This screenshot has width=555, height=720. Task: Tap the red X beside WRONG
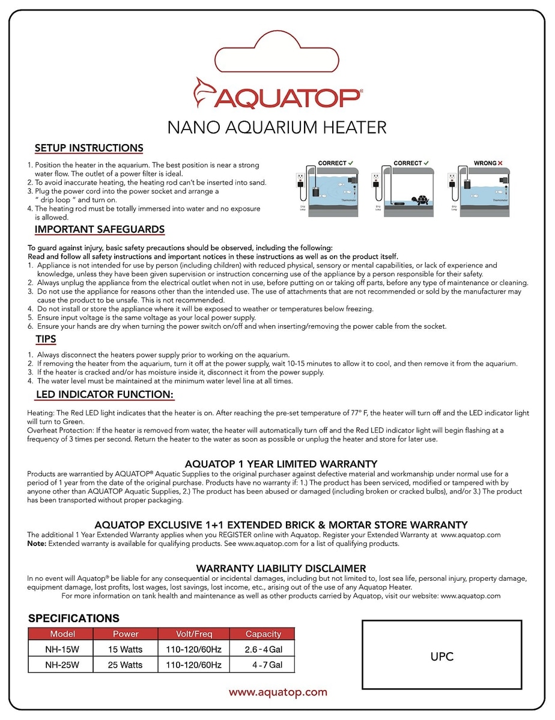[x=500, y=163]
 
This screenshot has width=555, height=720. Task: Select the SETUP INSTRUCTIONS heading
[x=89, y=148]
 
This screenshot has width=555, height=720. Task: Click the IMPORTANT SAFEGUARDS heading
[x=100, y=230]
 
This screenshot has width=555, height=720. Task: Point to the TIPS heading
[x=46, y=340]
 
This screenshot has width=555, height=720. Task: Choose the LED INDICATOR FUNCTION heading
[x=105, y=395]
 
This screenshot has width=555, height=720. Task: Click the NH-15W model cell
[x=62, y=649]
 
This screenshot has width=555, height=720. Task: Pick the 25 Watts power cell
[x=126, y=665]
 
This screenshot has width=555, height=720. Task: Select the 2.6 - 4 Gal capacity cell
[x=263, y=649]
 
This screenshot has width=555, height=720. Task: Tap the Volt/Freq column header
[x=193, y=634]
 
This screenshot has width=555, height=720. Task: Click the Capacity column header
[x=263, y=634]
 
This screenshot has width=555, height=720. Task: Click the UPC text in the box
[x=441, y=656]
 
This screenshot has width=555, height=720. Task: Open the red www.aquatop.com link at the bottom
[x=278, y=692]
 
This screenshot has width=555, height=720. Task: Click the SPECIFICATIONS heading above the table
[x=74, y=618]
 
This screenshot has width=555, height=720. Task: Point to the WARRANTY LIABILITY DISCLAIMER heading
[x=281, y=568]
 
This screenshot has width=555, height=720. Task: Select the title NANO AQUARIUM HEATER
[x=277, y=127]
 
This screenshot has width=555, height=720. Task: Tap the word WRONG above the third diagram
[x=485, y=163]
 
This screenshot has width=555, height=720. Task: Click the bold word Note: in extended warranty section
[x=37, y=544]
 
